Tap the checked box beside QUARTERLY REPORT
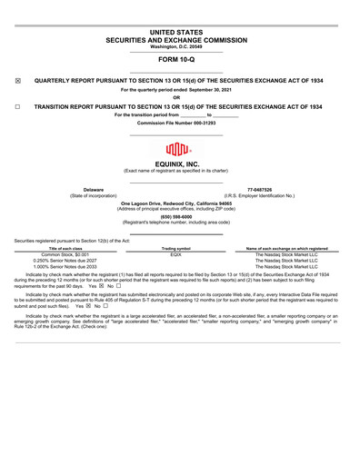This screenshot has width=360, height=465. coord(18,81)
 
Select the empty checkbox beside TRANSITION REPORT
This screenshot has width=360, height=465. coord(18,106)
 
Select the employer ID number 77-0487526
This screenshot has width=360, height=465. coord(259,190)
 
